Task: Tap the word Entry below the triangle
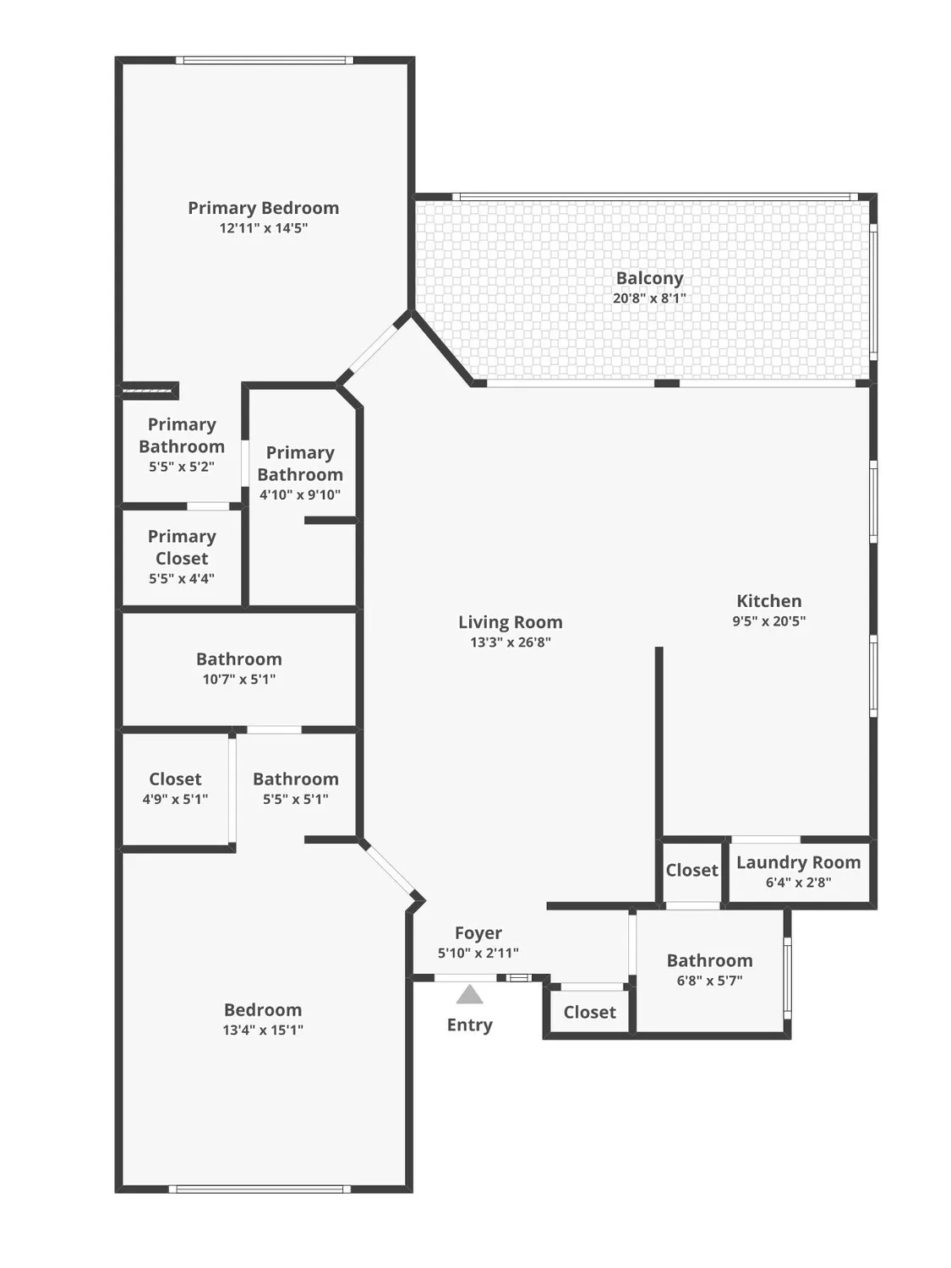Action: pyautogui.click(x=469, y=1025)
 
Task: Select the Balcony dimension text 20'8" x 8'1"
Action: pyautogui.click(x=649, y=298)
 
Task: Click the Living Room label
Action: pyautogui.click(x=510, y=622)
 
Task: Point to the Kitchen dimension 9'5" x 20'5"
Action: pyautogui.click(x=768, y=621)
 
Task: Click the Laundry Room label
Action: pyautogui.click(x=798, y=862)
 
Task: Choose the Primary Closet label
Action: pyautogui.click(x=182, y=547)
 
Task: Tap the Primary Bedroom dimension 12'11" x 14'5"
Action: pyautogui.click(x=263, y=228)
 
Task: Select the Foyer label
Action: pyautogui.click(x=478, y=932)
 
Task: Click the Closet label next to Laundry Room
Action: pyautogui.click(x=691, y=870)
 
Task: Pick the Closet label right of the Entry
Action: pyautogui.click(x=589, y=1012)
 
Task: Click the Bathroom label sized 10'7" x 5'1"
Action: pyautogui.click(x=238, y=659)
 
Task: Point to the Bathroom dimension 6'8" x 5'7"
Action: pyautogui.click(x=709, y=981)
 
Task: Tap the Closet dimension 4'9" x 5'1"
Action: pyautogui.click(x=175, y=799)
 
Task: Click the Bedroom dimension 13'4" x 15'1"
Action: pyautogui.click(x=263, y=1030)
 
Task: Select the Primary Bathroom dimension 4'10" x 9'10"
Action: pyautogui.click(x=300, y=495)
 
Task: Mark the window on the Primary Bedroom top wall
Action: pyautogui.click(x=264, y=60)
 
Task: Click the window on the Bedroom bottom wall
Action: pyautogui.click(x=260, y=1189)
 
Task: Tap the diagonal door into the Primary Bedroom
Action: pyautogui.click(x=373, y=348)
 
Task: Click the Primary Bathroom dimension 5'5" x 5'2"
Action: pyautogui.click(x=182, y=467)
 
